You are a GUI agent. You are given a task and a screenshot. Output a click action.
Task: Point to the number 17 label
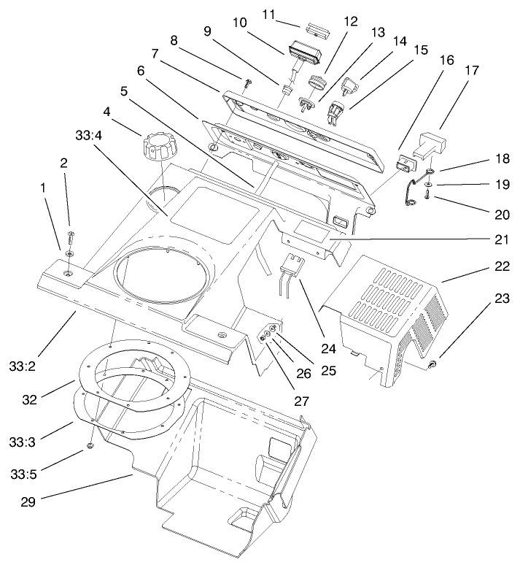pos(471,71)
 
